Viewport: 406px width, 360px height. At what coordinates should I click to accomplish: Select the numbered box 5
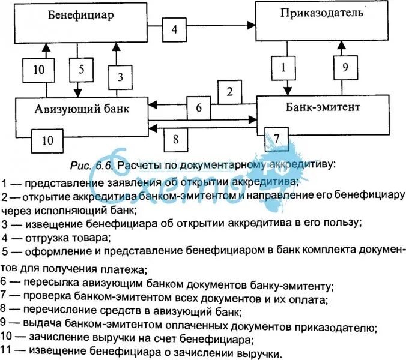[x=80, y=69]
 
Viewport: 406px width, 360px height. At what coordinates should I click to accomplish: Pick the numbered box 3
[x=120, y=77]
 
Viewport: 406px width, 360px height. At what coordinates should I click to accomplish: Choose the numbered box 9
[x=344, y=67]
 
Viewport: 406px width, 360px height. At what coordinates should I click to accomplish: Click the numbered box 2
[x=229, y=92]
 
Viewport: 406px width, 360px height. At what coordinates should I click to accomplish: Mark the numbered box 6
[x=199, y=109]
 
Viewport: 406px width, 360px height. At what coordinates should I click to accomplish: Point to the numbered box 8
[x=175, y=139]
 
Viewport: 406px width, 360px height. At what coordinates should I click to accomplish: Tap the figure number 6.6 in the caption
[x=105, y=164]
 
